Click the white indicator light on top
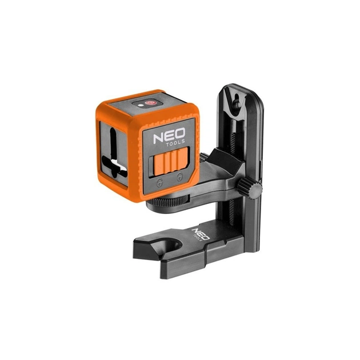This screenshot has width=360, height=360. coord(141,105)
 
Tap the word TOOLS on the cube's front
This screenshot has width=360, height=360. coord(175,143)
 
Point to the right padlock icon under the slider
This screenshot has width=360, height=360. coord(179,176)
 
